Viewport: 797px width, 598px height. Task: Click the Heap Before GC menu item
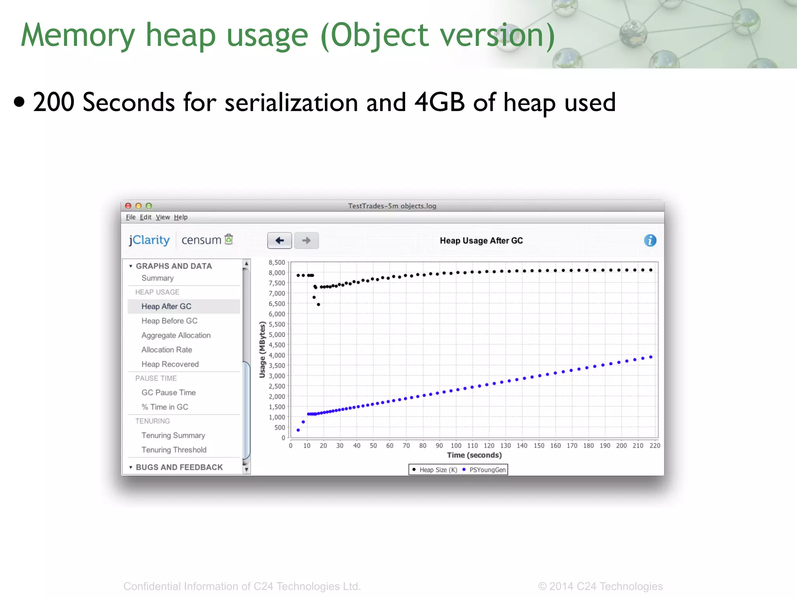coord(169,321)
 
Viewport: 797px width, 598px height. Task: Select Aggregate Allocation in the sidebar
coord(176,335)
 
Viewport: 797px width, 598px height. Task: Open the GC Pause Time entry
coord(169,392)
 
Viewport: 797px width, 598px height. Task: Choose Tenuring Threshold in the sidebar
coord(174,450)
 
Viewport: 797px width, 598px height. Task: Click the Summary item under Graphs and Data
coord(158,278)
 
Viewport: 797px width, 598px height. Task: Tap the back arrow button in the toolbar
coord(279,240)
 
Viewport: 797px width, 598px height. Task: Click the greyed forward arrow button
coord(306,240)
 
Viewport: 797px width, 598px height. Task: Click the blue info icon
coord(650,240)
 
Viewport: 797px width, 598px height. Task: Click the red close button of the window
coord(128,206)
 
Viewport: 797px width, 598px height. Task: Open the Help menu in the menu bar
coord(181,217)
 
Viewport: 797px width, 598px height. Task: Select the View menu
coord(163,217)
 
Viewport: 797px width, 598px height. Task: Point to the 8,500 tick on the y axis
coord(277,262)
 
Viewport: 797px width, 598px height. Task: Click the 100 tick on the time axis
coord(456,445)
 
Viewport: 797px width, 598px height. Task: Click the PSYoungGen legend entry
coord(487,470)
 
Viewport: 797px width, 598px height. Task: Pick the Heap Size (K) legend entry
coord(438,470)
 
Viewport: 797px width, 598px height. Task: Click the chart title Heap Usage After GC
coord(481,241)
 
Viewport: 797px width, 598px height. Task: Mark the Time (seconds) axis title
coord(474,455)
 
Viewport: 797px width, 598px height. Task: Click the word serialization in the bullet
coord(291,103)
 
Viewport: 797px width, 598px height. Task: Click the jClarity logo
coord(149,240)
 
